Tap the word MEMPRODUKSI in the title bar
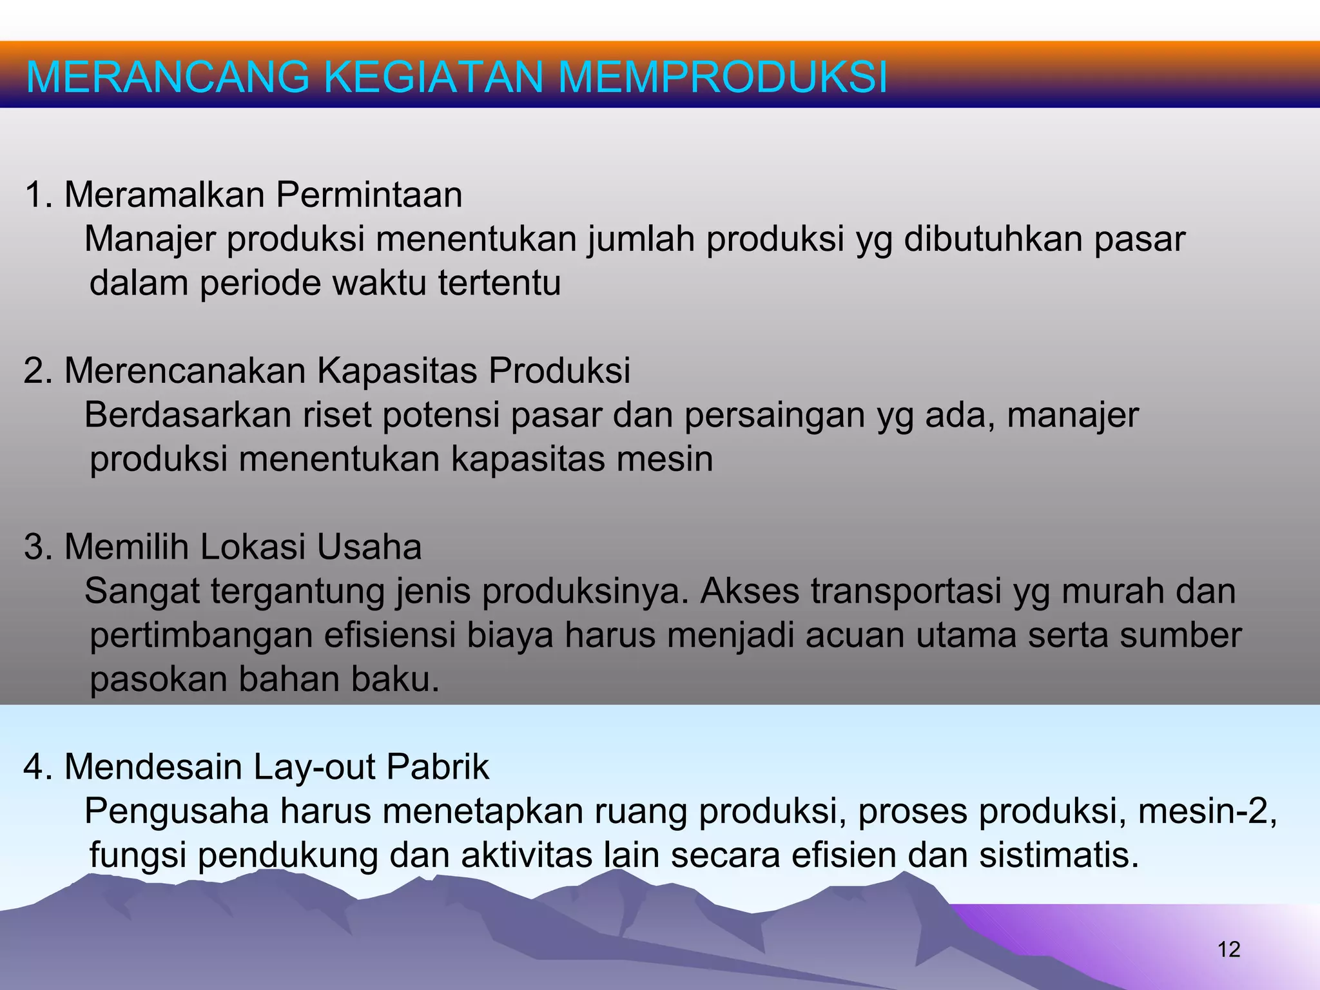tap(723, 77)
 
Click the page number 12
tap(1229, 949)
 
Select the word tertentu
tap(500, 283)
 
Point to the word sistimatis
tap(1060, 856)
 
